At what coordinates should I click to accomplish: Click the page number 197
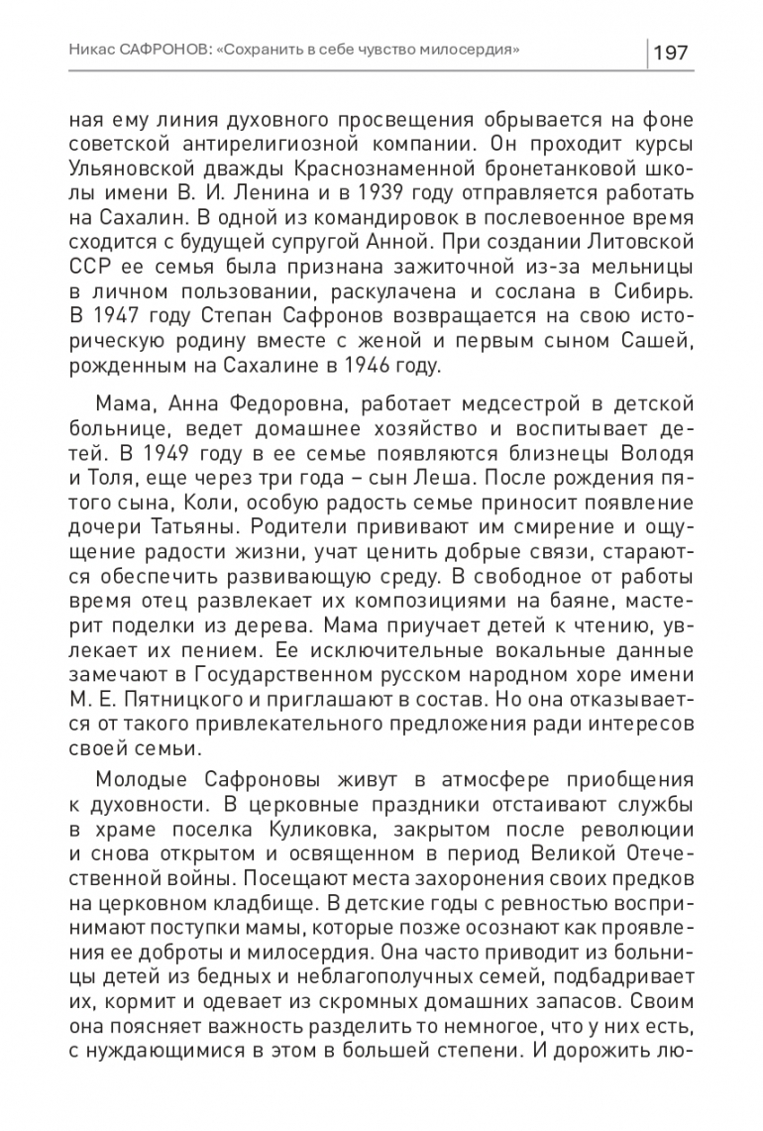coord(672,52)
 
